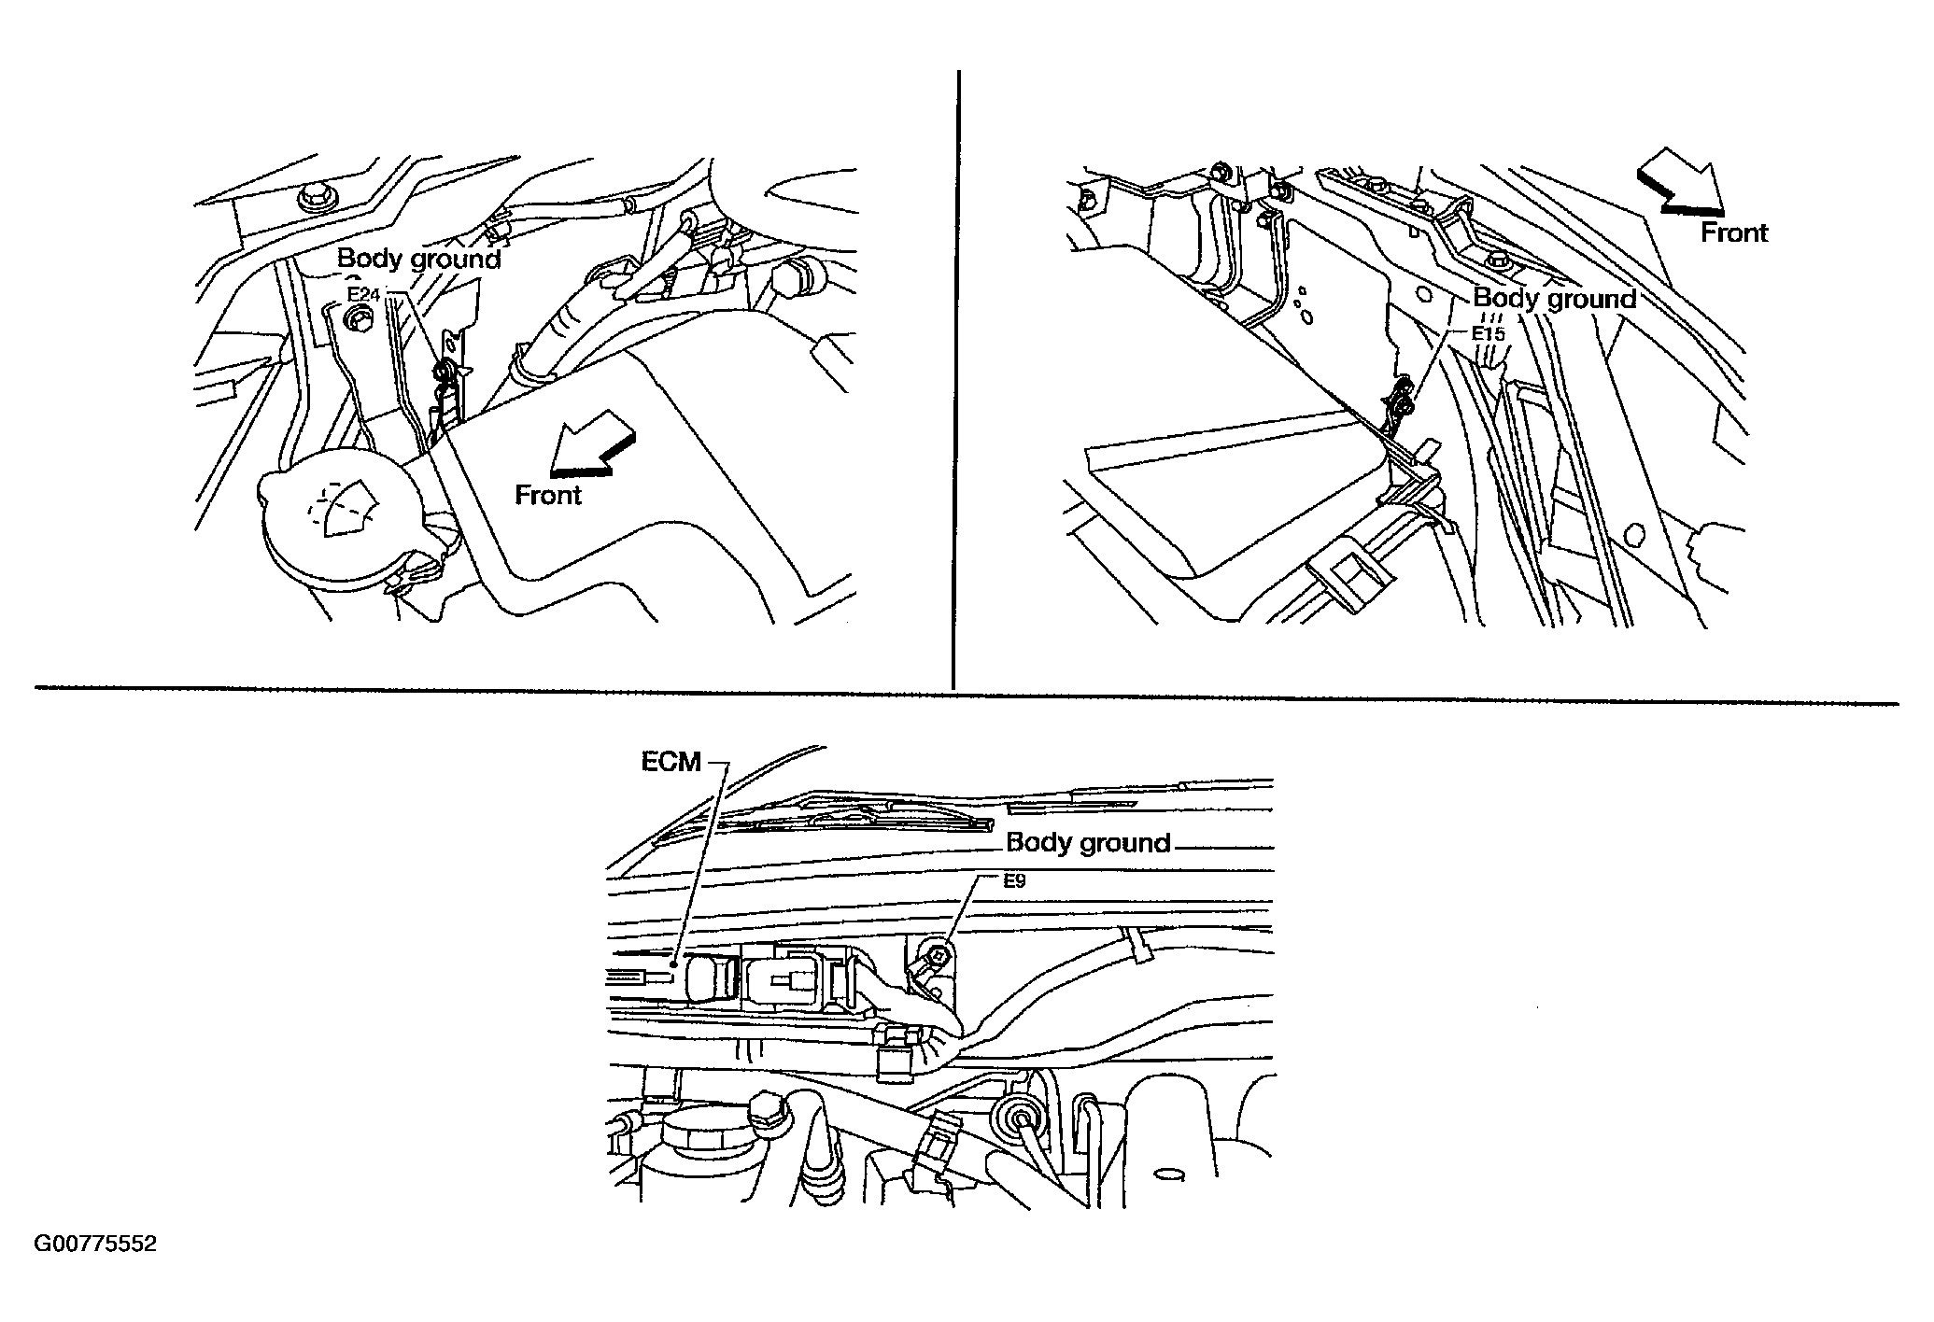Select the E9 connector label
[x=1015, y=879]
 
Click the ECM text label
[x=671, y=763]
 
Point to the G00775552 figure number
[x=95, y=1245]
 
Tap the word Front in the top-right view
[x=1734, y=232]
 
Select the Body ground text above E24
[x=418, y=259]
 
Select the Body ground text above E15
[x=1555, y=299]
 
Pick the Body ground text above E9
[x=1088, y=843]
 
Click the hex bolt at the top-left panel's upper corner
[x=310, y=198]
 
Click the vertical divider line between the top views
[x=957, y=379]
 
